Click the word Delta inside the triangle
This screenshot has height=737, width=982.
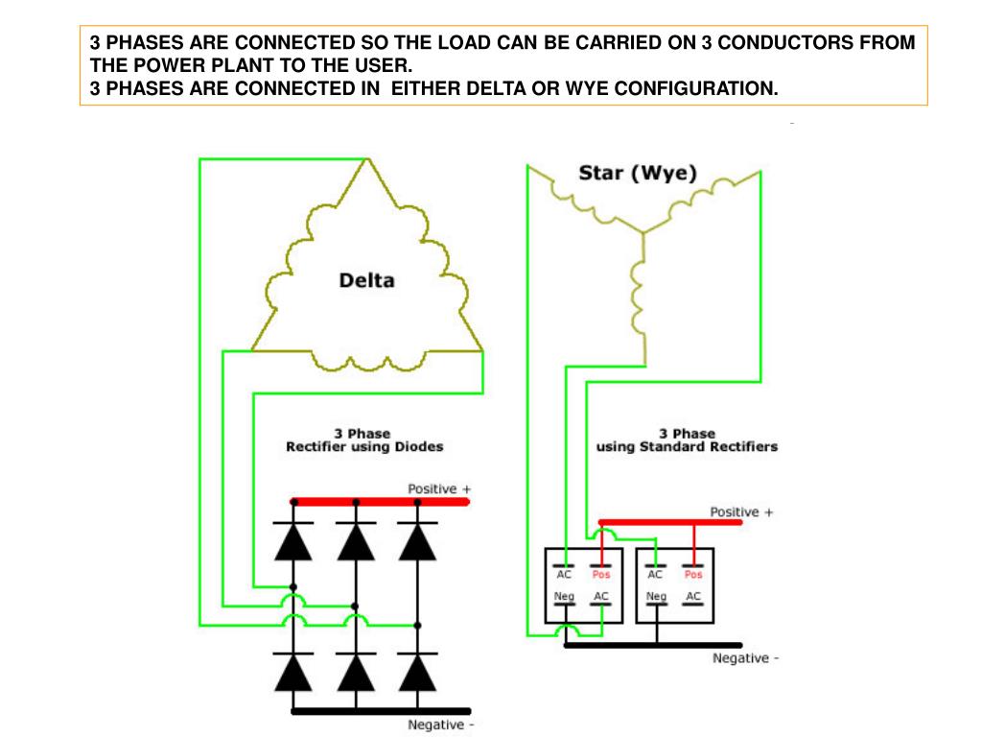(366, 281)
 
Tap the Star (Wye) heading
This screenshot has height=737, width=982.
(638, 174)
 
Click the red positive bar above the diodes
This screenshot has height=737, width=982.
(380, 501)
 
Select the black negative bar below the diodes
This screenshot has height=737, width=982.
(380, 711)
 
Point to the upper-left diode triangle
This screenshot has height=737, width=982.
(293, 542)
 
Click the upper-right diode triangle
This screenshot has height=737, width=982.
(417, 542)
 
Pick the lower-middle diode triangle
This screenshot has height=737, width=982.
(356, 673)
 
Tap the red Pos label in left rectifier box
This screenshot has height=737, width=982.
(600, 575)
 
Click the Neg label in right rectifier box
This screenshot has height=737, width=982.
(656, 597)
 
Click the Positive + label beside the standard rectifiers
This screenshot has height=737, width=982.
(741, 512)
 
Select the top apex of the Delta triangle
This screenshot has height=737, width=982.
(367, 161)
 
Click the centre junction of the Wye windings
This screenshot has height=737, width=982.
(643, 230)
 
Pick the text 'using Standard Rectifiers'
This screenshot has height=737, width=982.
(687, 447)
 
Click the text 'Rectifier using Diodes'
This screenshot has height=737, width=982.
(364, 447)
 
